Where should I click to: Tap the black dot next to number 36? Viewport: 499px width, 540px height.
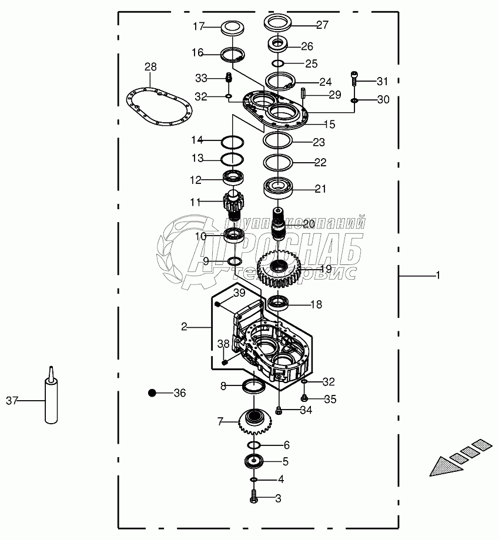[153, 393]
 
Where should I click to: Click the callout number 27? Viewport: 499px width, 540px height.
[322, 25]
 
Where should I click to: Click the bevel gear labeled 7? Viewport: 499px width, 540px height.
[253, 421]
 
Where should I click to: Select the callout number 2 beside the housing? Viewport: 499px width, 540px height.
[184, 326]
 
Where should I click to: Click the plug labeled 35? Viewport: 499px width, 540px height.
[304, 400]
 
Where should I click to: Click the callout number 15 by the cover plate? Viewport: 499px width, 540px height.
[329, 124]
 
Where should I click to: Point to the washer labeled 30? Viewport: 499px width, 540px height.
[354, 100]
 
